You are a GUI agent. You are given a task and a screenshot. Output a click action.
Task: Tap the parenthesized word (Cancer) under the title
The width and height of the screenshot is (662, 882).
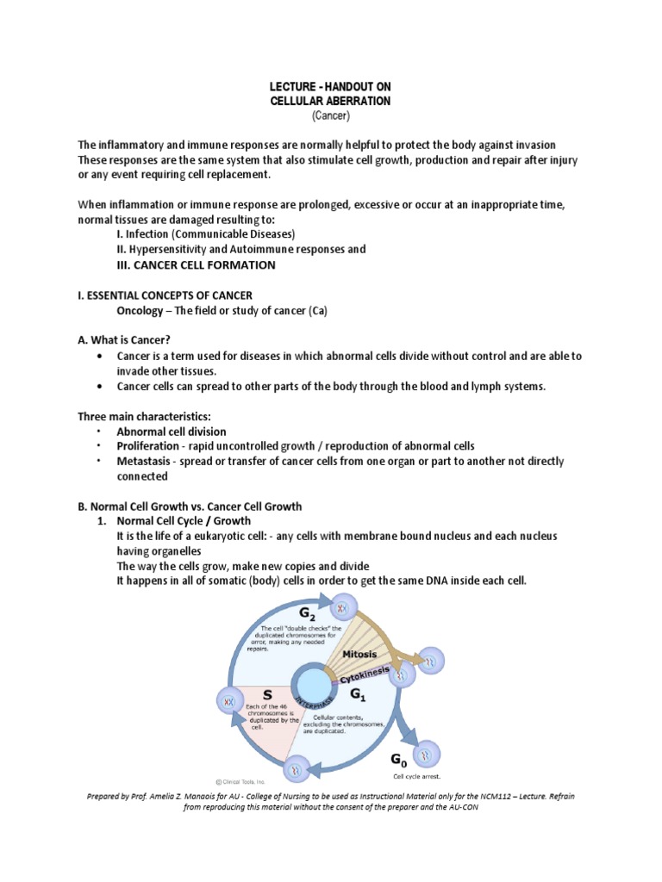point(331,115)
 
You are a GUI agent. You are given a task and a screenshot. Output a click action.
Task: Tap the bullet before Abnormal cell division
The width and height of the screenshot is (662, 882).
point(99,431)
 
